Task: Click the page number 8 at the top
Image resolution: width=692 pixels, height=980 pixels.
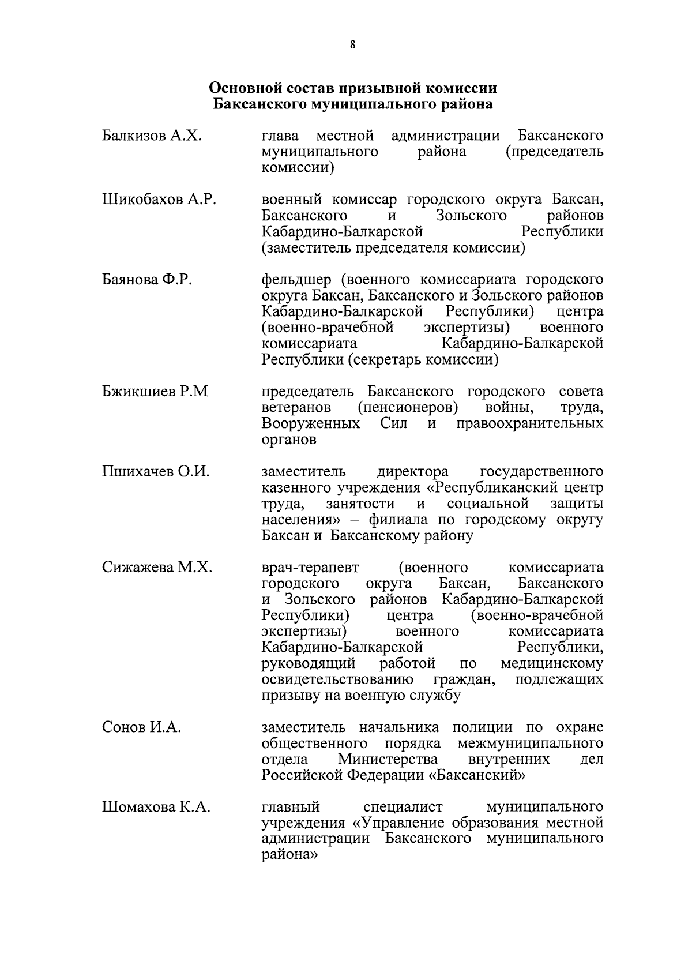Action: tap(352, 45)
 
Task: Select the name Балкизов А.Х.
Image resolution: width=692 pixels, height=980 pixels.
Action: tap(152, 136)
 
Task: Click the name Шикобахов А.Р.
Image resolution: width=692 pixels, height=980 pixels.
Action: tap(159, 200)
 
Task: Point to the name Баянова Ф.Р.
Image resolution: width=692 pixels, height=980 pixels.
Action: tap(147, 280)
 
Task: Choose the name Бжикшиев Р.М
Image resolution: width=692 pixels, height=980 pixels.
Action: tap(155, 392)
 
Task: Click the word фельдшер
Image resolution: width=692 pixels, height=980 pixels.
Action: tap(296, 280)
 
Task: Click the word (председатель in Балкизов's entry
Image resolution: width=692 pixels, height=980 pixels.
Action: tap(554, 152)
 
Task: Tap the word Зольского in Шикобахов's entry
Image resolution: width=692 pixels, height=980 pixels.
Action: tap(472, 216)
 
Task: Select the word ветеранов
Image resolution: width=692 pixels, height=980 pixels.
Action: tap(296, 408)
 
